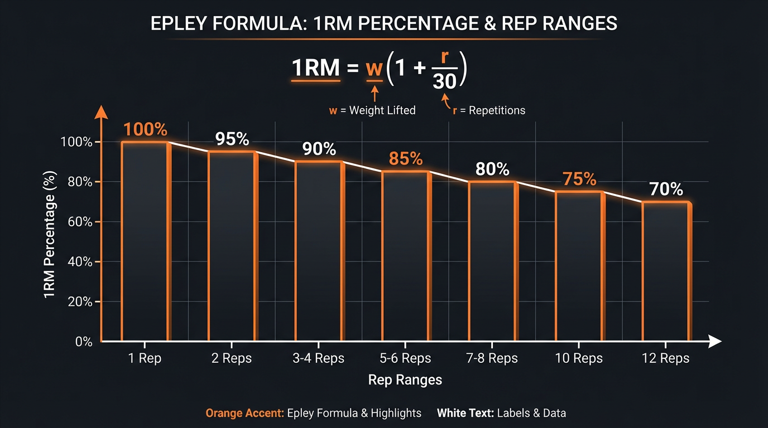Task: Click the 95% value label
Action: pyautogui.click(x=232, y=139)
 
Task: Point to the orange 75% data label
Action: pyautogui.click(x=579, y=179)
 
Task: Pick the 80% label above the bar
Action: pyautogui.click(x=492, y=169)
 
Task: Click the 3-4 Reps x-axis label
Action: pyautogui.click(x=319, y=358)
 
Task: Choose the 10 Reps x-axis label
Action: pyautogui.click(x=579, y=358)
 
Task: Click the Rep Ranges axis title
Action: pyautogui.click(x=405, y=380)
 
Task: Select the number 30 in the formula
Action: pyautogui.click(x=444, y=82)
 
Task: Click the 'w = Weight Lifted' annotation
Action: pyautogui.click(x=372, y=110)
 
